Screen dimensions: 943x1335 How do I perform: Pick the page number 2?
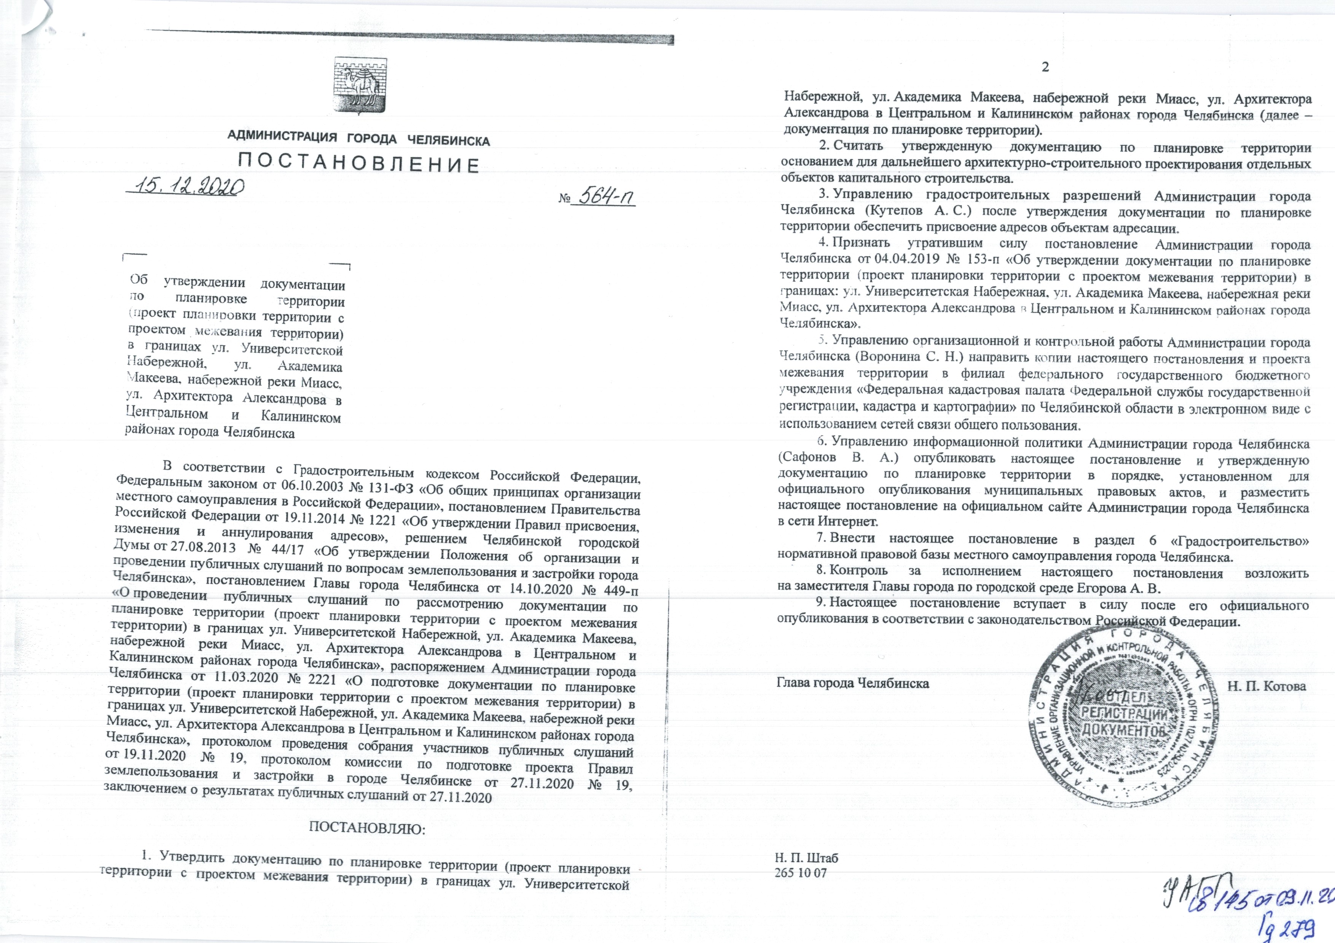(1045, 83)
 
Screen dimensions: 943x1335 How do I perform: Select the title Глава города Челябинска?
(852, 683)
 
